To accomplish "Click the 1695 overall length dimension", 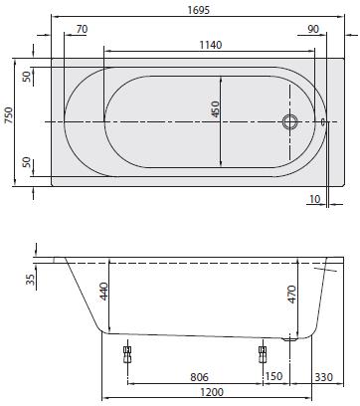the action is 199,10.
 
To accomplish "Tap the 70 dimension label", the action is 82,29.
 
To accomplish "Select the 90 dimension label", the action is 313,29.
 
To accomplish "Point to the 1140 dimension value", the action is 211,45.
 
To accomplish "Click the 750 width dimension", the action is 9,115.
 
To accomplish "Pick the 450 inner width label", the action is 215,109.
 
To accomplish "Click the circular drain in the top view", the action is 290,121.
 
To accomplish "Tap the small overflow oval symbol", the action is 323,122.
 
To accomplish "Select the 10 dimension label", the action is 314,199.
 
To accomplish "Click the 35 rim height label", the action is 31,280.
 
